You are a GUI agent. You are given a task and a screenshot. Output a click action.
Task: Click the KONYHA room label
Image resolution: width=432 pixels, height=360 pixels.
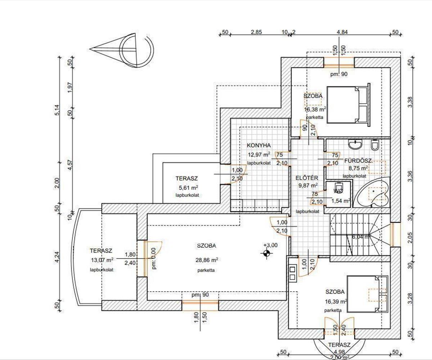point(258,145)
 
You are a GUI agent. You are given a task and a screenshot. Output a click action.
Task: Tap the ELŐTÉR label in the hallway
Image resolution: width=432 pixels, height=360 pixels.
point(306,177)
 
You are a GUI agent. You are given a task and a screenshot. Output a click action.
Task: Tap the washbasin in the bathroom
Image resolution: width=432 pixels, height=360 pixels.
point(356,145)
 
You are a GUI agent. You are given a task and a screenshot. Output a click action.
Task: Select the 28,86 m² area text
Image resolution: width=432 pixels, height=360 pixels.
point(206,260)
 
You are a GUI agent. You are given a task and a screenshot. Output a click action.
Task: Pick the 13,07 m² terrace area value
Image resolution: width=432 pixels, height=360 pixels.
point(103,259)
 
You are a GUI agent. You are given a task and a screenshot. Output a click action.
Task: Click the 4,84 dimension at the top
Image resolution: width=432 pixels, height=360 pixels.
point(342,32)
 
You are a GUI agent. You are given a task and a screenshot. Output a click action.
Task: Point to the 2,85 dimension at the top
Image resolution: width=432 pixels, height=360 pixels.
point(256,32)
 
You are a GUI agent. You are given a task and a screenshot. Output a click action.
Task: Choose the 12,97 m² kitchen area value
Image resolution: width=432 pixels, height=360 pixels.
point(258,155)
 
